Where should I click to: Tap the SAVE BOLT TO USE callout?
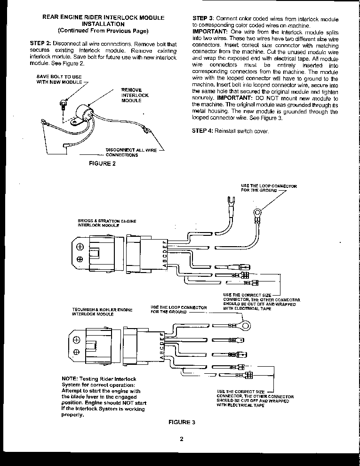(58, 79)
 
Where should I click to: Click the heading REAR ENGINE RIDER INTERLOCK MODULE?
(104, 17)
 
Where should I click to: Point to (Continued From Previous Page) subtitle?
(103, 31)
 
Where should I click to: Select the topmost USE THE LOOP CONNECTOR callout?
(269, 188)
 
